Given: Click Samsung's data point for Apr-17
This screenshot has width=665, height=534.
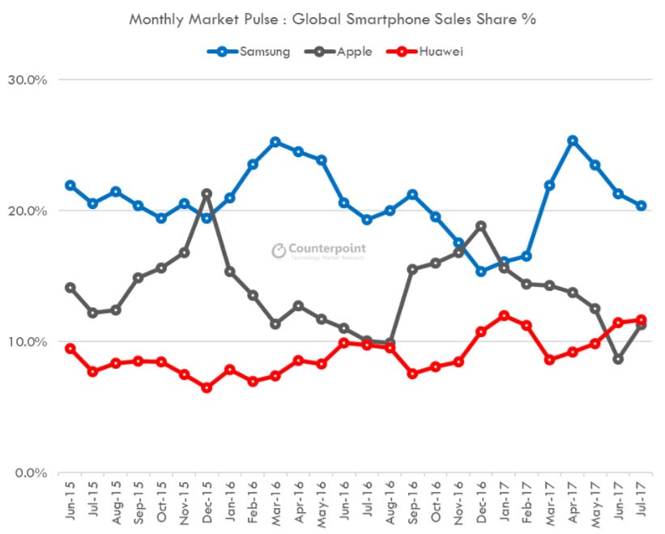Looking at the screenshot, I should coord(573,141).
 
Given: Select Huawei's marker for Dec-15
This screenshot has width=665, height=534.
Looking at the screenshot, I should coord(207,387).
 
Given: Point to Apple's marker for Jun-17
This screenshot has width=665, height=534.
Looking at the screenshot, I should coord(618,359).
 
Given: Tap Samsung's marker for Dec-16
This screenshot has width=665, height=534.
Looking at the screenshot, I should coord(481,271).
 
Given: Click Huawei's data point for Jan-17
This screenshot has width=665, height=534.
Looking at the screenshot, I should coord(504,315).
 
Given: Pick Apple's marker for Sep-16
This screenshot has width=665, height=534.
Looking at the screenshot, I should coord(412,269).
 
